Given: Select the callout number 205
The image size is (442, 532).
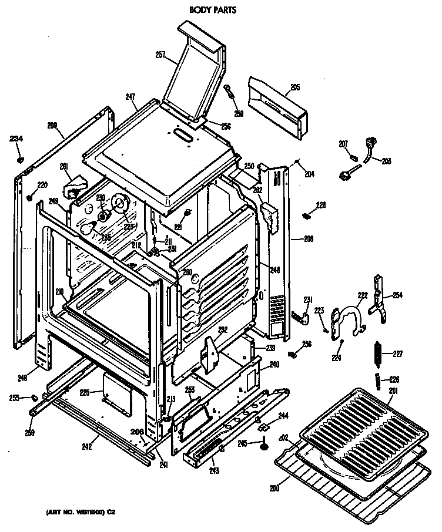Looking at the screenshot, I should pyautogui.click(x=295, y=87).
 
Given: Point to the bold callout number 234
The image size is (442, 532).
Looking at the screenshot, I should pyautogui.click(x=16, y=139).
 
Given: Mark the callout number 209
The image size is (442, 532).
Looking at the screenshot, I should pyautogui.click(x=52, y=124).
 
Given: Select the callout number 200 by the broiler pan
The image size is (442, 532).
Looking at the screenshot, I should pyautogui.click(x=274, y=487).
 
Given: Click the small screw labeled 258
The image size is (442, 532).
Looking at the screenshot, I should pyautogui.click(x=230, y=91).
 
